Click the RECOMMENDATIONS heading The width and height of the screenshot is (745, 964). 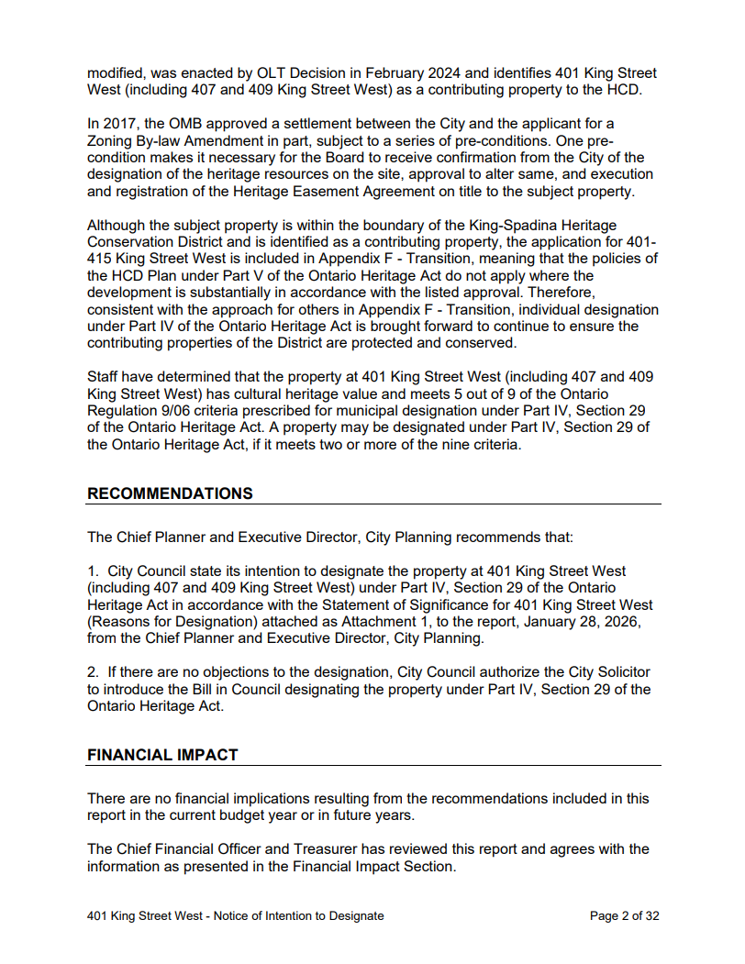point(170,493)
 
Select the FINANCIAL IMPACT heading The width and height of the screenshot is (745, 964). point(162,755)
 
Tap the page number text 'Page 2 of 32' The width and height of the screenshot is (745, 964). point(625,915)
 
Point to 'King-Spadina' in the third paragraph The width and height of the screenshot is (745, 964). point(517,225)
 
